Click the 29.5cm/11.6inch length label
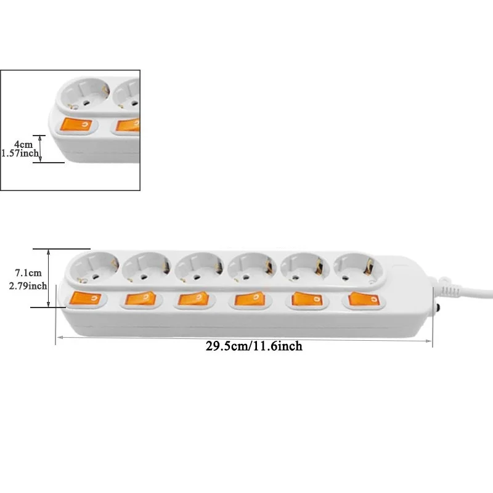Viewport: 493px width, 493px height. pos(254,346)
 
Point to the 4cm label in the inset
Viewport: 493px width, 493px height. pos(23,144)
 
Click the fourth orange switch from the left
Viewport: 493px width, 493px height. pos(248,300)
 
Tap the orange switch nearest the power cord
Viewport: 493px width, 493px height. pos(362,299)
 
